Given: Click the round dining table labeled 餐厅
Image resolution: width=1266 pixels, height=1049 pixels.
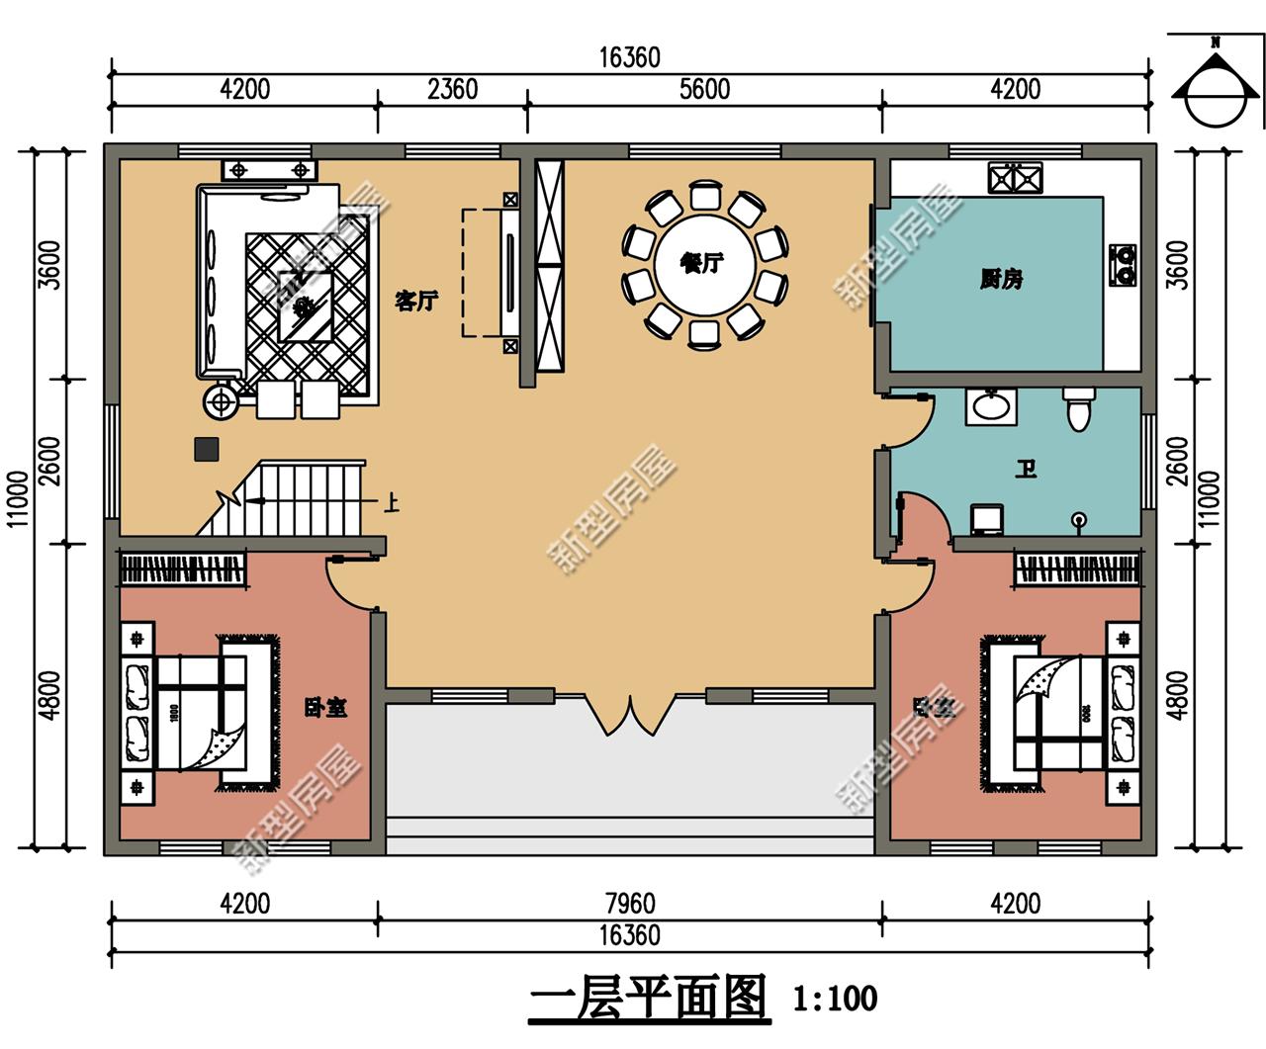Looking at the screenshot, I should point(702,264).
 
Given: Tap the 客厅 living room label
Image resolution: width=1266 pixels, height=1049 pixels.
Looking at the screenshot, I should point(416,301).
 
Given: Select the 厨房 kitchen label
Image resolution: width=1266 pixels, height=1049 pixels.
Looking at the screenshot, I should point(1001,280).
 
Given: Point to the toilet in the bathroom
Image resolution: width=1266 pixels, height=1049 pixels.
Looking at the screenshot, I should point(1078,407).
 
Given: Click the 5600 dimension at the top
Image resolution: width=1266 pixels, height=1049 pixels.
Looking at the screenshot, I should point(704,89).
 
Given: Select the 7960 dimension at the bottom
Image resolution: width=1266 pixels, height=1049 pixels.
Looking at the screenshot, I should point(629,904).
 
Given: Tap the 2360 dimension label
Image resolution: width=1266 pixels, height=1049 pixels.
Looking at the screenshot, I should point(452,89).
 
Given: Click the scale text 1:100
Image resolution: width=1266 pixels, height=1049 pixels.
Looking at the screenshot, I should point(835,999).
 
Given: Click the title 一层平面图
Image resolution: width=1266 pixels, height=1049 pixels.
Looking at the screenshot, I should point(648,999).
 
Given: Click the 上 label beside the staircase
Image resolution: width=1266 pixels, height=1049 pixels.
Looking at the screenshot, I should point(391,503).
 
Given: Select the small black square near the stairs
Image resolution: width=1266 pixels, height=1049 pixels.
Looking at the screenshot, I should point(207,449).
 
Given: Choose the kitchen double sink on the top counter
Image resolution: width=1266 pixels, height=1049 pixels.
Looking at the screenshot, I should point(1015,179).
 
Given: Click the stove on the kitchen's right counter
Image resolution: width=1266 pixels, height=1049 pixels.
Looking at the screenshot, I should point(1123,265).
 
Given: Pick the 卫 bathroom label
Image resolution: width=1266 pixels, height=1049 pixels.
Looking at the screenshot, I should point(1026,468).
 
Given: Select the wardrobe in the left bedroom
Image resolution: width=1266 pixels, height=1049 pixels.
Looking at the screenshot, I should point(182,569).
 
